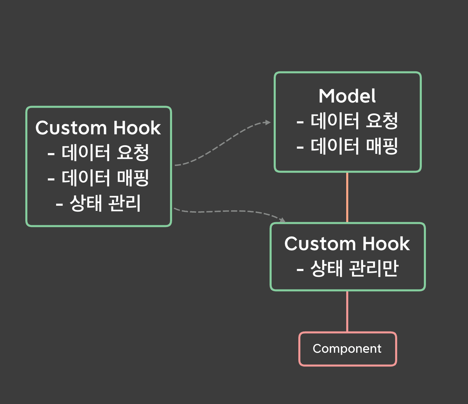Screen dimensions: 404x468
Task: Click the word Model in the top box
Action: (x=347, y=96)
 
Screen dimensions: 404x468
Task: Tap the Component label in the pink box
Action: (x=347, y=349)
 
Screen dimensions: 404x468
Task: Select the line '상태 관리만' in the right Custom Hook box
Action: (x=354, y=269)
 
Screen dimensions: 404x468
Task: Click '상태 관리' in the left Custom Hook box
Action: (x=105, y=203)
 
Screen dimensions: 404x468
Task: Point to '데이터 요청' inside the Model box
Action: (x=354, y=121)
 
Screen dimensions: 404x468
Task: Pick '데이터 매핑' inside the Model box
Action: (x=354, y=146)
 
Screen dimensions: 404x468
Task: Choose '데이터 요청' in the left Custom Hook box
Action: (x=105, y=153)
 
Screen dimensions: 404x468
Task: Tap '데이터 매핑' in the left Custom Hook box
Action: (x=105, y=178)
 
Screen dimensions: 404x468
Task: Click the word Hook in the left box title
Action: (x=137, y=128)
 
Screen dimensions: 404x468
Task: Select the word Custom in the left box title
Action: (x=71, y=128)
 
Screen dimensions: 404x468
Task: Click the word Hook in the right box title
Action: (x=386, y=244)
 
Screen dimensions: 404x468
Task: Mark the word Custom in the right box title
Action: (x=320, y=244)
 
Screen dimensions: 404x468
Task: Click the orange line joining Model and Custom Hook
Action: (x=347, y=197)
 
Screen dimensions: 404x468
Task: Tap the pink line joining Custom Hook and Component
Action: (x=347, y=311)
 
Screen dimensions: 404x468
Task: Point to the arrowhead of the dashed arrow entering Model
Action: (x=268, y=122)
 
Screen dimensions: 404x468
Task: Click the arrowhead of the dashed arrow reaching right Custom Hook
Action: (x=282, y=220)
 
